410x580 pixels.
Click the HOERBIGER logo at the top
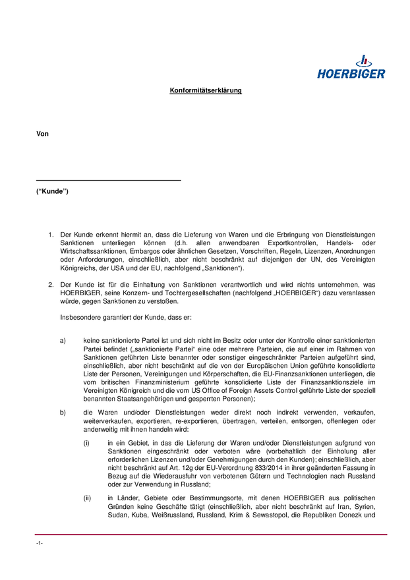point(351,67)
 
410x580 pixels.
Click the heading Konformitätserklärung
point(205,90)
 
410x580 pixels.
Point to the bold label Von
point(43,134)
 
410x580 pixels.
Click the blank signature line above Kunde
point(108,180)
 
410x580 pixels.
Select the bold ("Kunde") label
point(52,192)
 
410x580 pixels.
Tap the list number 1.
point(50,235)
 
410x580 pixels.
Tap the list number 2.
point(50,285)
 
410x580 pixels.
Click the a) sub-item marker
point(63,340)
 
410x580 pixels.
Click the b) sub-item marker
point(63,413)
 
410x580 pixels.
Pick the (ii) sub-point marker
point(87,498)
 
